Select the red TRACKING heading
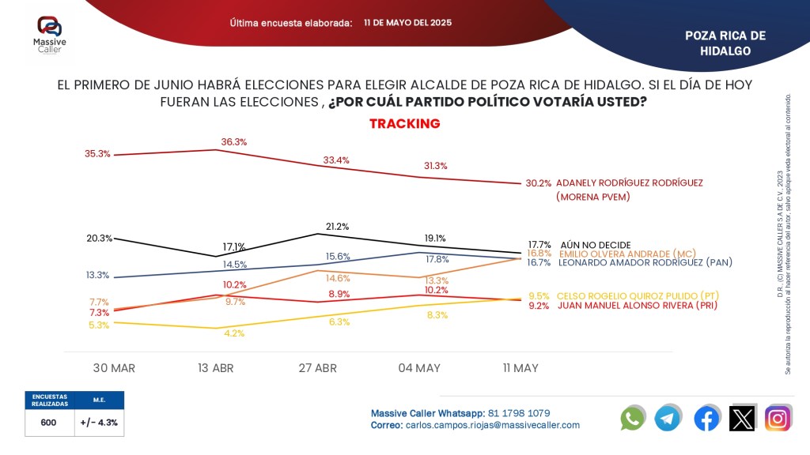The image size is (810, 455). tap(404, 124)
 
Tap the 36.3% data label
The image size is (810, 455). tap(234, 142)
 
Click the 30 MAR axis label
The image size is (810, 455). tap(114, 368)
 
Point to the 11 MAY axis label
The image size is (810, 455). tap(520, 368)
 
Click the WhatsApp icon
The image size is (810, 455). tap(633, 418)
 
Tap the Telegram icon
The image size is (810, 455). tap(668, 418)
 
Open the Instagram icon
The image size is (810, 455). tap(778, 418)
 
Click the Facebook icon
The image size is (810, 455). tap(706, 418)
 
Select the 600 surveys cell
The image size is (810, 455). tap(48, 423)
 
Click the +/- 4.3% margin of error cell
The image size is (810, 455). tap(99, 423)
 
